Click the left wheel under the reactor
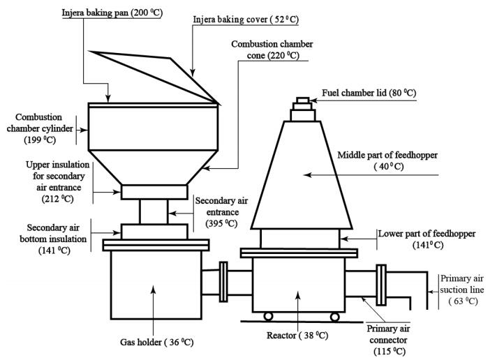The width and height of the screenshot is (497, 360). pyautogui.click(x=268, y=316)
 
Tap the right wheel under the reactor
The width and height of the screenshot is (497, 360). pyautogui.click(x=335, y=317)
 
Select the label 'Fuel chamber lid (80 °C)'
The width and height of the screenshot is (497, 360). pyautogui.click(x=369, y=93)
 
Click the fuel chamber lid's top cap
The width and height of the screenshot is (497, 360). pyautogui.click(x=303, y=100)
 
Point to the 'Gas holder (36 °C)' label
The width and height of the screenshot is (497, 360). pyautogui.click(x=156, y=343)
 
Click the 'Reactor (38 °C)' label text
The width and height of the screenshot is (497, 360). pyautogui.click(x=297, y=336)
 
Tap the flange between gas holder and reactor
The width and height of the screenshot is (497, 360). pyautogui.click(x=223, y=281)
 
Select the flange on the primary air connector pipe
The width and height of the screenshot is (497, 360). pyautogui.click(x=381, y=285)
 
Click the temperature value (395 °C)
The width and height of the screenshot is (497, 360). pyautogui.click(x=221, y=223)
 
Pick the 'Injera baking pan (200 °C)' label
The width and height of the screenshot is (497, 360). pyautogui.click(x=112, y=13)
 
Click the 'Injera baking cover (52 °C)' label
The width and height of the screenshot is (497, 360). pyautogui.click(x=246, y=20)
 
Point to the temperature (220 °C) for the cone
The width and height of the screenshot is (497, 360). pyautogui.click(x=283, y=56)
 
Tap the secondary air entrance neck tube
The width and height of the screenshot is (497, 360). pyautogui.click(x=154, y=211)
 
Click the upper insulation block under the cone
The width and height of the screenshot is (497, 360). pyautogui.click(x=154, y=192)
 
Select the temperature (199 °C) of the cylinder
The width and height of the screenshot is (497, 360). pyautogui.click(x=40, y=140)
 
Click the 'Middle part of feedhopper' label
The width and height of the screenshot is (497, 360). pyautogui.click(x=387, y=155)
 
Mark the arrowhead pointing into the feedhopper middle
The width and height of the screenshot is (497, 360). pyautogui.click(x=307, y=174)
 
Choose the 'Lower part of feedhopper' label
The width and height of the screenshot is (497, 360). pyautogui.click(x=426, y=234)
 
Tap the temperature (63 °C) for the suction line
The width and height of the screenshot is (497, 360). pyautogui.click(x=463, y=301)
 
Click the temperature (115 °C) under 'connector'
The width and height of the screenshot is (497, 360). pyautogui.click(x=390, y=351)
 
